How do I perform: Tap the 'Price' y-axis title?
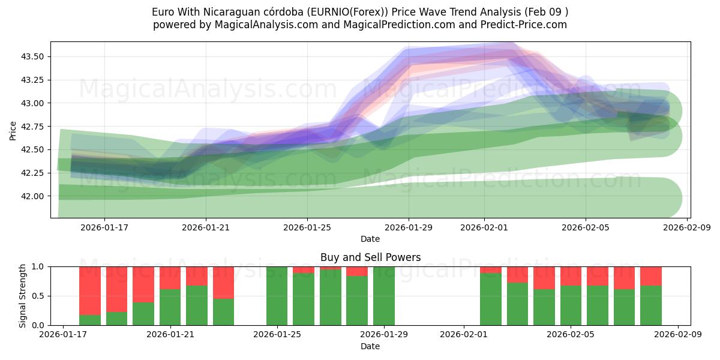[13, 130]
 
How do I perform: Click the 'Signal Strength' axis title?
[23, 296]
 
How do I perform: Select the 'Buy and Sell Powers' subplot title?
[370, 257]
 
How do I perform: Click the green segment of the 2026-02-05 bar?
[571, 306]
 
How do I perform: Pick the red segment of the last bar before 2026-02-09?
[651, 275]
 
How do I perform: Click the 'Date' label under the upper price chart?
[370, 239]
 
